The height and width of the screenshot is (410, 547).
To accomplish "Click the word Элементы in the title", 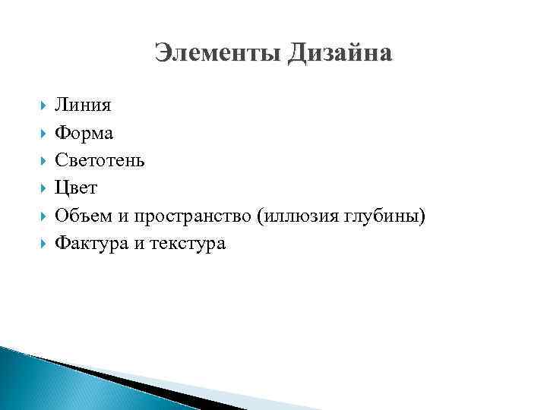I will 217,53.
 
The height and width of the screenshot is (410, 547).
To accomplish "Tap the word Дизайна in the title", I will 340,53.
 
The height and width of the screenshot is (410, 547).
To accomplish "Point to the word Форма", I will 84,133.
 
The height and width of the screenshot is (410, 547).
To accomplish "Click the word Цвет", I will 76,188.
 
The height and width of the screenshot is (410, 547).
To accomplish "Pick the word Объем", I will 81,216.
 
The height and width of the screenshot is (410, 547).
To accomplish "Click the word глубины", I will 384,216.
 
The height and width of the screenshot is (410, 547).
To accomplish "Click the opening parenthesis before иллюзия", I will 260,216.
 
